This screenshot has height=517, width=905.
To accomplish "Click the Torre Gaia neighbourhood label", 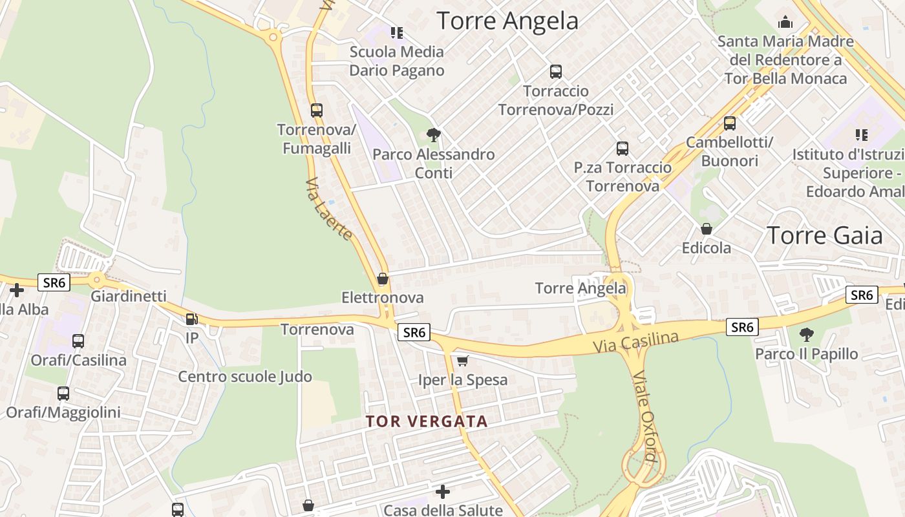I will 824,236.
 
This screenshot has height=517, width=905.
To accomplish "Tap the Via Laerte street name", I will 329,208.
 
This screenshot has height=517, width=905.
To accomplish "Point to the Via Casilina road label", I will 636,343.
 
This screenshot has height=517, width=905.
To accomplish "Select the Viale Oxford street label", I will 644,417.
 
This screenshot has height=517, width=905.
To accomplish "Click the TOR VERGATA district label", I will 427,421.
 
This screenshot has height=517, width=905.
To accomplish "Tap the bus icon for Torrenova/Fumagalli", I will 316,111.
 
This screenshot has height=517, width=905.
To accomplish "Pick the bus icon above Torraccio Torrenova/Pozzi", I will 555,72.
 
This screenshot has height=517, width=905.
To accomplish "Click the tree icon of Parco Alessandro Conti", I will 434,135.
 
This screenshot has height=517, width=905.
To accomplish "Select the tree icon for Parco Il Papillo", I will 806,335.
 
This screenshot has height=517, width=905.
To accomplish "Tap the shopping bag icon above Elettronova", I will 383,279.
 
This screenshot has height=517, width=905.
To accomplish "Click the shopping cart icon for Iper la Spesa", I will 462,361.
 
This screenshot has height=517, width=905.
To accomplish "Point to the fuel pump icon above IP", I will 191,319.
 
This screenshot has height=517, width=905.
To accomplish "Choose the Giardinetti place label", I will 129,297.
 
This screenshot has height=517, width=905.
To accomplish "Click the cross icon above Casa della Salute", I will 442,492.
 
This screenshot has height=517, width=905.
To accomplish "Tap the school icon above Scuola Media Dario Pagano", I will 396,32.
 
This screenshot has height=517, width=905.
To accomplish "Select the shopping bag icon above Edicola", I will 707,229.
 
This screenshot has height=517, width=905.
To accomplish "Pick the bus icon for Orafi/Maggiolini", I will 63,393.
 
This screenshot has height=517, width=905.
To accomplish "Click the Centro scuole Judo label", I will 245,377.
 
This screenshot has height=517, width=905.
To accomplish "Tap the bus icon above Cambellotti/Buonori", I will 729,123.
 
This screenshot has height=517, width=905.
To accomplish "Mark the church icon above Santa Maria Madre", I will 785,23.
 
